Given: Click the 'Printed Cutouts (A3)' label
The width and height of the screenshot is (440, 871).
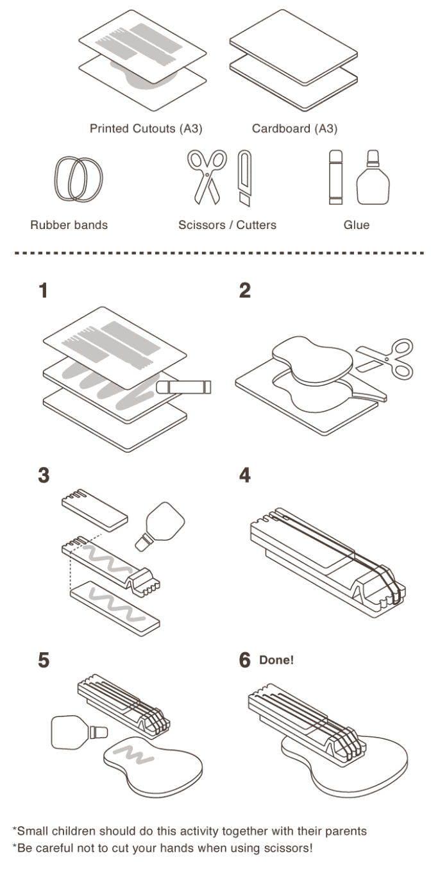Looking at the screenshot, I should (x=146, y=129).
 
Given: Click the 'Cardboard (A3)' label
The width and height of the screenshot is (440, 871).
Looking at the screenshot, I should (x=294, y=129).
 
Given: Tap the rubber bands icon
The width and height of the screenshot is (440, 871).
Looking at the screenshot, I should (x=79, y=179).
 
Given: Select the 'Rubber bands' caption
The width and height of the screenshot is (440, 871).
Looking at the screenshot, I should (x=69, y=225).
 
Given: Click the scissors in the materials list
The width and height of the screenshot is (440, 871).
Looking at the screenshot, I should (x=207, y=176).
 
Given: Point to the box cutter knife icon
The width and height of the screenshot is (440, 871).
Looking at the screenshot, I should (x=245, y=178).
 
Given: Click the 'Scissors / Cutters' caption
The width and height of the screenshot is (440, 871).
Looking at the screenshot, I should (x=228, y=225).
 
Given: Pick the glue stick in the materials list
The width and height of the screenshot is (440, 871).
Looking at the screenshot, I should (x=336, y=178).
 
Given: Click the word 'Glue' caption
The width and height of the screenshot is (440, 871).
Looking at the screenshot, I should (x=357, y=225).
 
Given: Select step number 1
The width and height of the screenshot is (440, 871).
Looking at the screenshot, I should (x=44, y=291).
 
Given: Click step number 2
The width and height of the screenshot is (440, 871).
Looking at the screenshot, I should (x=244, y=291).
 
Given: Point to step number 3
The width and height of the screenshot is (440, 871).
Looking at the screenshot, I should (x=44, y=476).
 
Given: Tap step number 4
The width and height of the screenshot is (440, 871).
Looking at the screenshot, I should (x=244, y=476).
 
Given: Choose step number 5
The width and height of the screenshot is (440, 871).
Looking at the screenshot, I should (x=44, y=661).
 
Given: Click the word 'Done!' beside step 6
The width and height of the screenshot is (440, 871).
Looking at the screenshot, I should (x=276, y=660).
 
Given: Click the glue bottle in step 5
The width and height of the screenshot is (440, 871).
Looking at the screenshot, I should (x=76, y=732).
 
